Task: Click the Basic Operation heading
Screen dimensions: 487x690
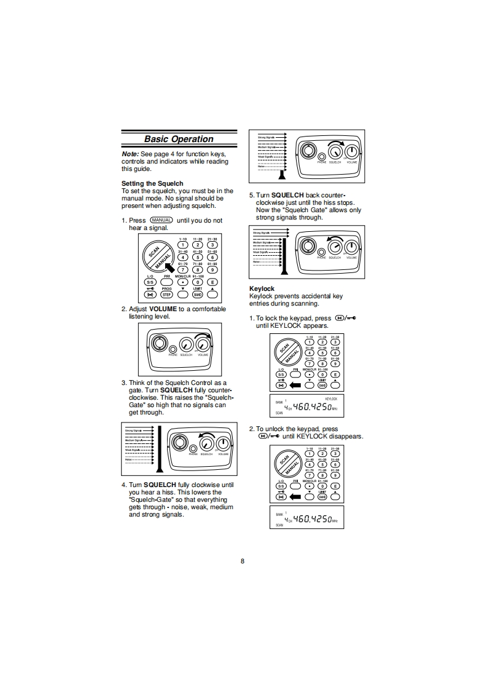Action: [x=179, y=139]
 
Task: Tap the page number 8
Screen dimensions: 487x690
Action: [x=243, y=561]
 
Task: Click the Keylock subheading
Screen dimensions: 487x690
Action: [x=262, y=288]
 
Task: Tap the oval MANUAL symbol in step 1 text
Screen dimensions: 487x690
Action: [x=161, y=220]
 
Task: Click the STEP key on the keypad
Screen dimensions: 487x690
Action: [x=166, y=295]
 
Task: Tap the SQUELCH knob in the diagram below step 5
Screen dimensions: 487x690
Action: [x=335, y=247]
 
